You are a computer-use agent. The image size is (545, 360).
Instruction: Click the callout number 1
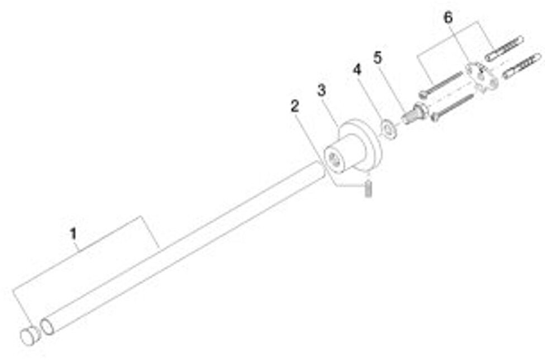tap(73, 233)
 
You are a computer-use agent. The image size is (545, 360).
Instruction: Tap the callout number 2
tap(295, 106)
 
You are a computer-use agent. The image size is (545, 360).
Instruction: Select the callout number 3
tap(321, 89)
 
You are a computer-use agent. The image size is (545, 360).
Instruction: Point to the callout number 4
tap(357, 70)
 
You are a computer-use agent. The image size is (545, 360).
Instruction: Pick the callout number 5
tap(378, 57)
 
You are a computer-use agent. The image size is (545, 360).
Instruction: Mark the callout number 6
tap(448, 18)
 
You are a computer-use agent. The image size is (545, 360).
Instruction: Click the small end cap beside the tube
tap(30, 336)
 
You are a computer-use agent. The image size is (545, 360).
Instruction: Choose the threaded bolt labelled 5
tap(413, 113)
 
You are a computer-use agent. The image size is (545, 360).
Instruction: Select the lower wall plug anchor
tap(522, 66)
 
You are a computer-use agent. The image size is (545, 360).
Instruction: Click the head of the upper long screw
tap(423, 94)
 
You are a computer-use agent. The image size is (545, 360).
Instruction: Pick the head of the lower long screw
tap(436, 117)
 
